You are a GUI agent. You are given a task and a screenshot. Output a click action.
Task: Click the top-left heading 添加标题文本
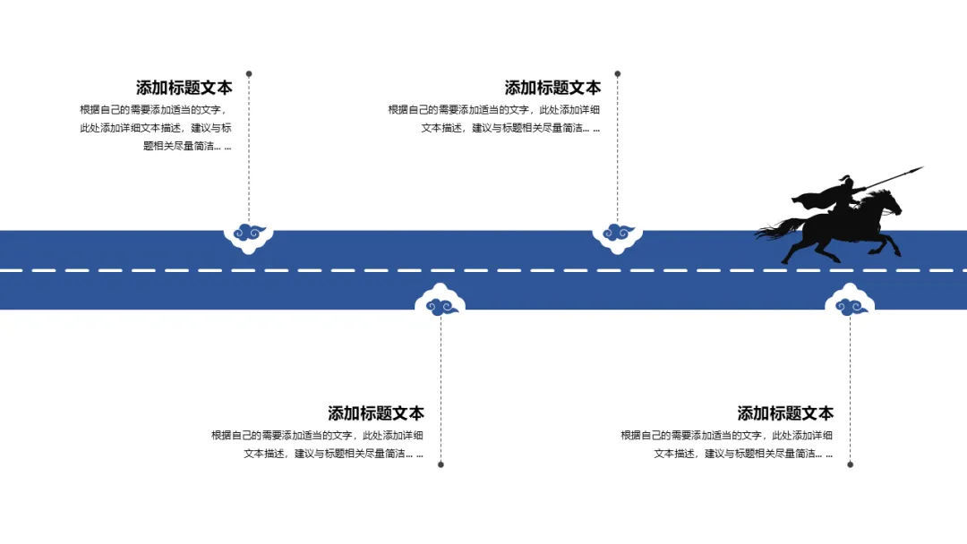coord(184,88)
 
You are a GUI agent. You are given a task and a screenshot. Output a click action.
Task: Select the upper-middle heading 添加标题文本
coord(552,88)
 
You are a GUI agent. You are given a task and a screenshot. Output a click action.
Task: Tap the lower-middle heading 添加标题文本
coord(376,413)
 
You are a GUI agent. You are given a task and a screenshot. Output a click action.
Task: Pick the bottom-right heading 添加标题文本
coord(785,413)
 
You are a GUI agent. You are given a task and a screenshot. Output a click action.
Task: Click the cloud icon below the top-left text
coord(249,234)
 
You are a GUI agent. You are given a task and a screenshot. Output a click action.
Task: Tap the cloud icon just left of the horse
coord(618,234)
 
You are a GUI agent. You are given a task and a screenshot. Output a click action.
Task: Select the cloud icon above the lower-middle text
coord(441,307)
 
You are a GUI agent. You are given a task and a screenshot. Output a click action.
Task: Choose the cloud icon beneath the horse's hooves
coord(850,307)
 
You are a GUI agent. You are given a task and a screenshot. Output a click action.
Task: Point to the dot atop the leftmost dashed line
coord(249,73)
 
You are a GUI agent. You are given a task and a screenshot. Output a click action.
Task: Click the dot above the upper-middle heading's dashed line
coord(618,73)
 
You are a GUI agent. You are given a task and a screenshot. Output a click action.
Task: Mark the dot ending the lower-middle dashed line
coord(441,464)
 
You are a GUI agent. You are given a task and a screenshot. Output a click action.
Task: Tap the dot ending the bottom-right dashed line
coord(851,464)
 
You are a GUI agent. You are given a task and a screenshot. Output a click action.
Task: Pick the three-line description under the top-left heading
coord(155,127)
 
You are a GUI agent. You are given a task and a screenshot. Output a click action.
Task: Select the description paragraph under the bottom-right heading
coord(727,444)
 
